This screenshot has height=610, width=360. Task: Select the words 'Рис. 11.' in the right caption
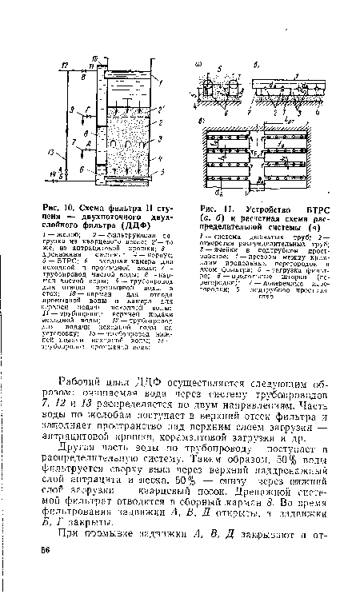click(210, 210)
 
